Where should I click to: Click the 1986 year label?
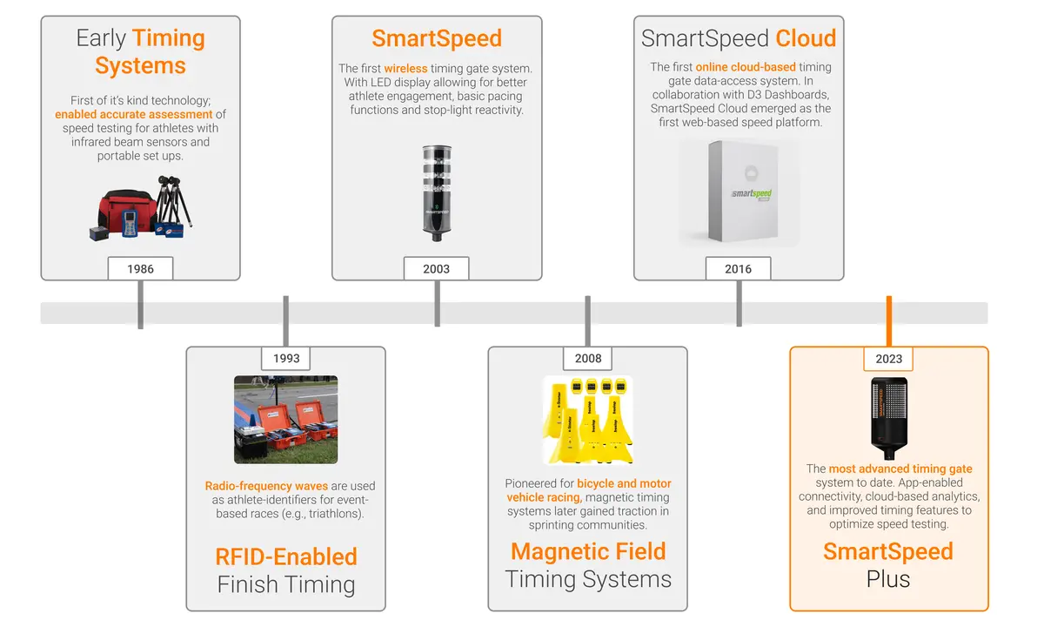coord(140,268)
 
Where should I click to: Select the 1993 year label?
coord(286,358)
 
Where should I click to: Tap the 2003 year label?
coord(436,268)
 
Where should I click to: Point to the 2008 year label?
coord(588,358)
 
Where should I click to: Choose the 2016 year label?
coord(739,268)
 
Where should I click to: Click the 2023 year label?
coord(888,358)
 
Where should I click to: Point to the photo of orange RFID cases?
coord(285,419)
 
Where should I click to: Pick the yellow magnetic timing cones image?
coord(587,419)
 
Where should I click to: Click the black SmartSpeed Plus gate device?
coord(888,417)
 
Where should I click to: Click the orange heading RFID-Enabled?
coord(285,556)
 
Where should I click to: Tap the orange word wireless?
coord(405,68)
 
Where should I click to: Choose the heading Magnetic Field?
coord(588,551)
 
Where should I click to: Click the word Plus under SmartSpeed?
coord(888,580)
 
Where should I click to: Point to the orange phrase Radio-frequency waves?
coord(254,486)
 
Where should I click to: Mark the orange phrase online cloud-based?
coord(746,67)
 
